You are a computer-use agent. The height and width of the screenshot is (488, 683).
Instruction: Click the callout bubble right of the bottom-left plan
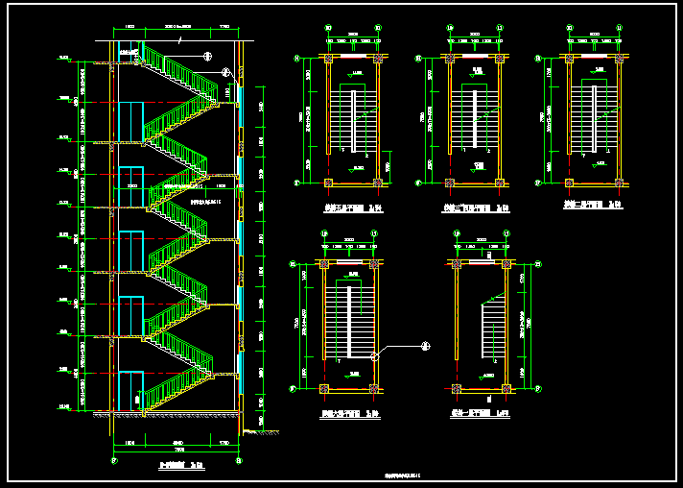coord(427,347)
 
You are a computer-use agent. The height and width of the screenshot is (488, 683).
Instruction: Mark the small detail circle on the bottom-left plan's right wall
coord(374,356)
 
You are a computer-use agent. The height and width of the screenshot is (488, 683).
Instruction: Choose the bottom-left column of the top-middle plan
coord(450,182)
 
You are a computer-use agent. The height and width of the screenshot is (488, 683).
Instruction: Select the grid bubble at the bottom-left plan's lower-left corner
coord(294,388)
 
